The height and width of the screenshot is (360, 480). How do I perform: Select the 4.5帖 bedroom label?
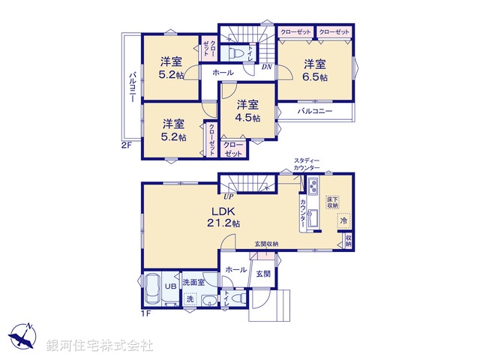click(x=248, y=112)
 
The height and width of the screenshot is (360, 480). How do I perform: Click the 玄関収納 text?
click(x=266, y=244)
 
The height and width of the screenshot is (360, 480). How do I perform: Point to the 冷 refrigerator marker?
click(x=343, y=222)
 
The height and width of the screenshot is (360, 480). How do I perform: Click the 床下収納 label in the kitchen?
click(x=331, y=201)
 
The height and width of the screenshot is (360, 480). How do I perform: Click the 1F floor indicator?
click(x=146, y=313)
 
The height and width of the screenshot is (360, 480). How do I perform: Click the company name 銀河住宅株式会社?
click(x=100, y=346)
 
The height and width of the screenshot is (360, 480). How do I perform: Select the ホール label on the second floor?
click(x=222, y=73)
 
